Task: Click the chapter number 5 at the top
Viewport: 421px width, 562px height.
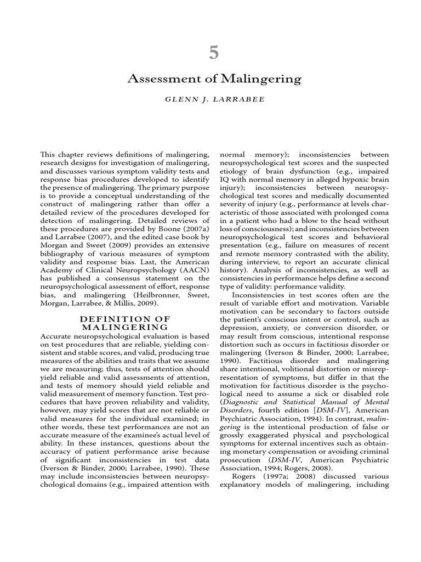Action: [214, 53]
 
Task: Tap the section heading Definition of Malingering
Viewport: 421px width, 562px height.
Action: [126, 323]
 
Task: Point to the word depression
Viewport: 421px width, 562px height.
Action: [241, 328]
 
